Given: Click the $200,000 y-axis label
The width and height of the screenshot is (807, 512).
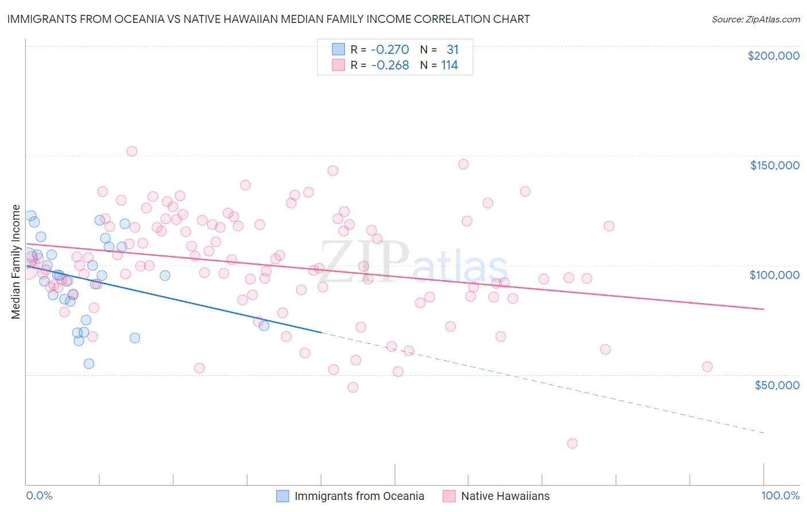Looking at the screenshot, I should coord(773,56).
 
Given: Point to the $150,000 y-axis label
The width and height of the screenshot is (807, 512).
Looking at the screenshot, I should coord(774,165).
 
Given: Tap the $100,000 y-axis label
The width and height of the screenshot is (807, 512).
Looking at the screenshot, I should coord(774,275).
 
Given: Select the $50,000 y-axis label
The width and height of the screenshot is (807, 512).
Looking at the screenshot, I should coord(777,385).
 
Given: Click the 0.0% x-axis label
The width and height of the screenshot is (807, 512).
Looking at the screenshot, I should coord(39,495).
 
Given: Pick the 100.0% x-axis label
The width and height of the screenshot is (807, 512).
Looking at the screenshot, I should coord(780,495).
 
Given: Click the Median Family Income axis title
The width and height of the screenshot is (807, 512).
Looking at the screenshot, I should coord(16,262).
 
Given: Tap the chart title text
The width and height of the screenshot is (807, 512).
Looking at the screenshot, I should coord(268,19).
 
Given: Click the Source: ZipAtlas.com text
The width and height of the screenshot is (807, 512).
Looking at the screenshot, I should coord(755,19).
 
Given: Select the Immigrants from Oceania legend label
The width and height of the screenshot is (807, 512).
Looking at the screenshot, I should coord(359,496).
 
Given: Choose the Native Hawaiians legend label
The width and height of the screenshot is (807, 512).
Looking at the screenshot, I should coord(505,496).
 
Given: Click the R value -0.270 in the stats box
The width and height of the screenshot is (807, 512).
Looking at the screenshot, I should coord(390,49).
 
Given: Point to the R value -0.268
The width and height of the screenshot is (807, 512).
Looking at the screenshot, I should coord(390,65).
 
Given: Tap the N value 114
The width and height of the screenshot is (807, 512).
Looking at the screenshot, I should coord(449,65).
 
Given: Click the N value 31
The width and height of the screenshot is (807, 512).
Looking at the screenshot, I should coord(452,49).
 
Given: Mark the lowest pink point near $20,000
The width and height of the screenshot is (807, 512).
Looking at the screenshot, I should coord(572,443).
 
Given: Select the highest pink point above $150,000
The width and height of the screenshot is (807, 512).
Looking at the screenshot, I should coord(131,152).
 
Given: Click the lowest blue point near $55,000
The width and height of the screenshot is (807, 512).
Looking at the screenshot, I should coord(89,363).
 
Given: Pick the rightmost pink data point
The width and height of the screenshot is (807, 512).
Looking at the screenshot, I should coord(707,367).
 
